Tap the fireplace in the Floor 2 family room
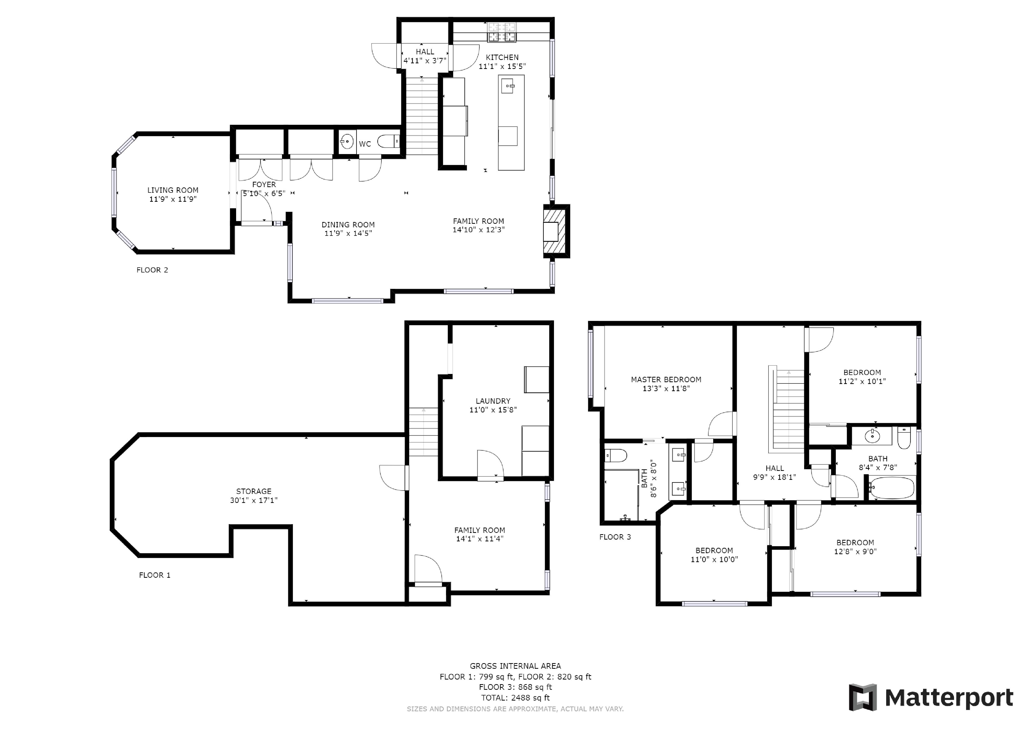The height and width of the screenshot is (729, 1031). (556, 231)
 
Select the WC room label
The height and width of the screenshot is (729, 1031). (365, 144)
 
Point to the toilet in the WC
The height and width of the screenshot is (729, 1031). (388, 142)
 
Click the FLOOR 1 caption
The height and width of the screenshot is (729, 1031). (155, 575)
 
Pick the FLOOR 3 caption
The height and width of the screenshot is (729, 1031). (615, 537)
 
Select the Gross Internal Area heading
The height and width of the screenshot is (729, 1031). (515, 666)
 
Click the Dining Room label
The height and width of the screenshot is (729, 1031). (348, 225)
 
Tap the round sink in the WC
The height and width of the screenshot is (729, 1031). (346, 142)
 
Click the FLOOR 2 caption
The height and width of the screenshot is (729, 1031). (152, 270)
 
